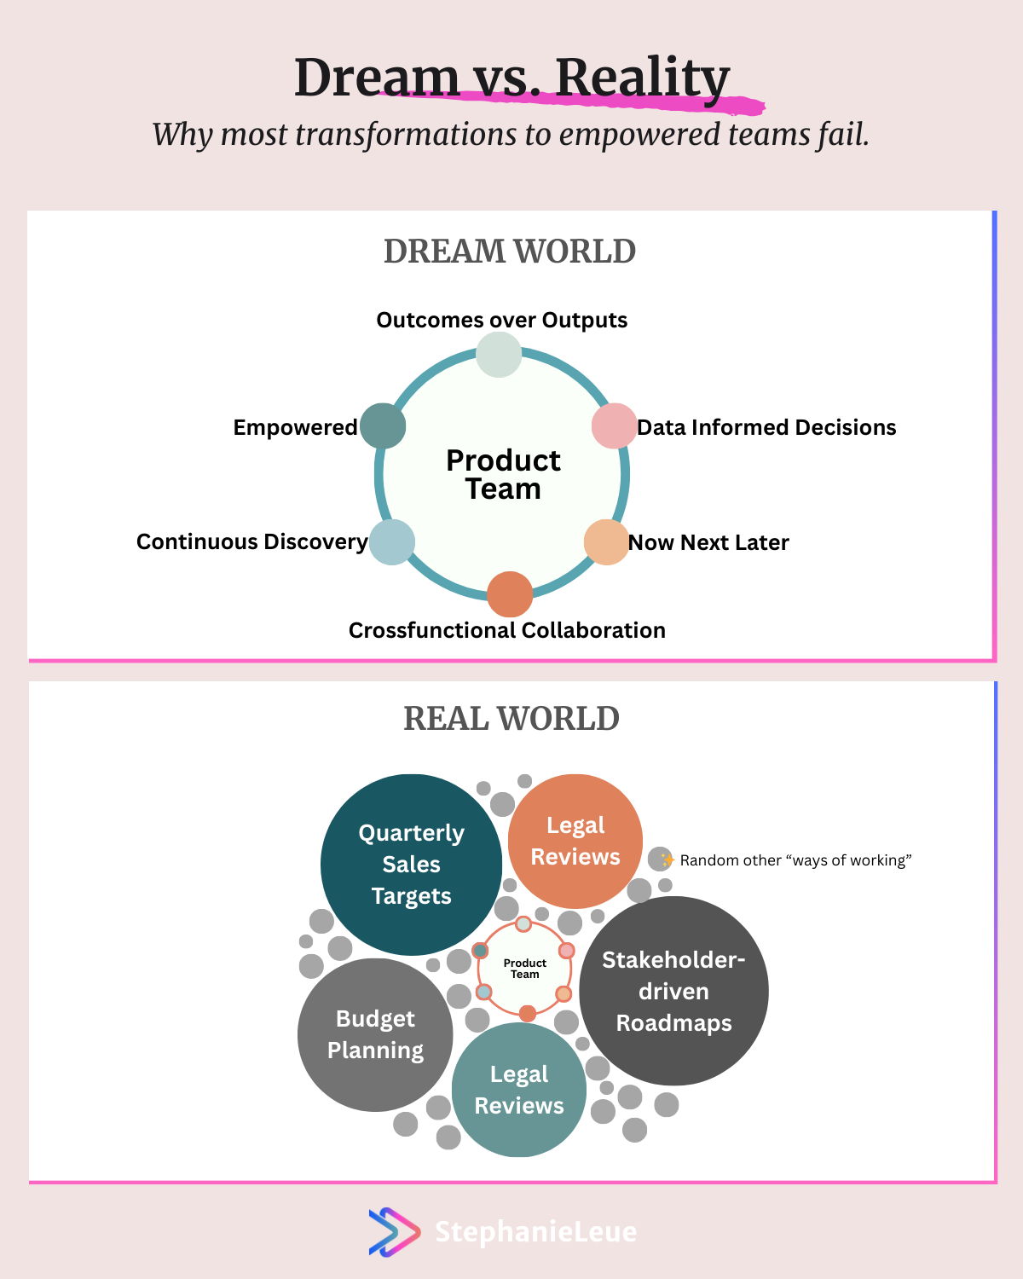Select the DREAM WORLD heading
510,251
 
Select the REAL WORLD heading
511,718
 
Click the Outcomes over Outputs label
501,320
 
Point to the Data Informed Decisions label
766,426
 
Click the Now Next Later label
708,542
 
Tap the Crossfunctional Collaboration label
507,630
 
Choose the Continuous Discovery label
252,541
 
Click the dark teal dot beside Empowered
383,426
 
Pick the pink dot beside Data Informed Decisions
614,426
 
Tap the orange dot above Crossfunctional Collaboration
510,594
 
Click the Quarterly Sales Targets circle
412,865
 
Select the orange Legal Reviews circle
575,841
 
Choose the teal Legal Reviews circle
519,1090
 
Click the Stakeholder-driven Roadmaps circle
673,991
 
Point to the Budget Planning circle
375,1035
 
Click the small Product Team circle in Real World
524,969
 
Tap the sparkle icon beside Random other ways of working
667,859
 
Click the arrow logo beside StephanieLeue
394,1232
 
